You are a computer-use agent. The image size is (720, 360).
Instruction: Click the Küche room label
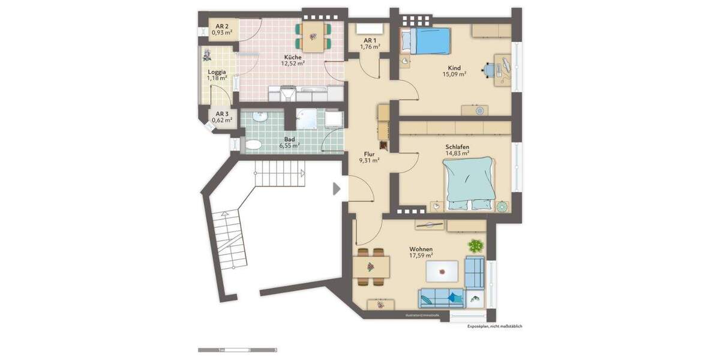point(293,57)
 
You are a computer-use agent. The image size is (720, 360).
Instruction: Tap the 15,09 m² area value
point(454,74)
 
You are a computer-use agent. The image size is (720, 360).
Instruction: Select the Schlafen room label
point(457,147)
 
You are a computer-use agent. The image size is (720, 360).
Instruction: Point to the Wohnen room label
point(421,249)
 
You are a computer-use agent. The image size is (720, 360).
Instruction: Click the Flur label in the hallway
point(369,154)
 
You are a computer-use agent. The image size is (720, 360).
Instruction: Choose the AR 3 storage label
point(222,113)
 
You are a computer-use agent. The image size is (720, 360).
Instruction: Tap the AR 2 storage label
point(222,26)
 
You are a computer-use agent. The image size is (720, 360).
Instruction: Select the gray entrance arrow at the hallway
point(337,188)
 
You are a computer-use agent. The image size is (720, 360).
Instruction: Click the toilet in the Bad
point(252,145)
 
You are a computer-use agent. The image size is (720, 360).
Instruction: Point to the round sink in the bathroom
point(260,118)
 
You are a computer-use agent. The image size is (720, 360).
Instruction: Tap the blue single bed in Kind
point(426,41)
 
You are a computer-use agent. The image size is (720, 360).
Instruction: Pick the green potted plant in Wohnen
point(476,245)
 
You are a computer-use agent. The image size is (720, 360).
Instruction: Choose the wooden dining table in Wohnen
point(372,265)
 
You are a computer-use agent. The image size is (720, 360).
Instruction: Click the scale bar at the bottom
point(237,349)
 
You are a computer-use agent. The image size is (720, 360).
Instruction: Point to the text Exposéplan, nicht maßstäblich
point(495,326)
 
